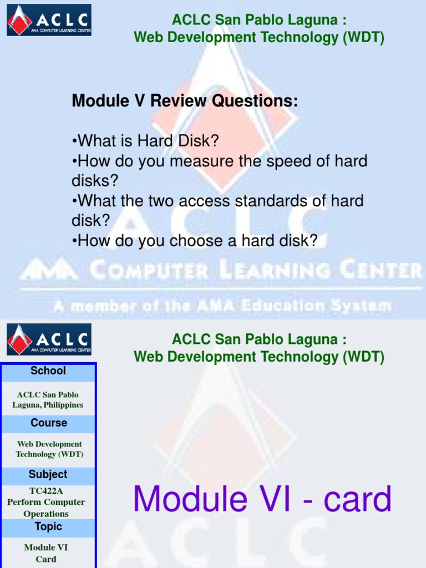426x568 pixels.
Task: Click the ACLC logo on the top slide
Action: (x=49, y=20)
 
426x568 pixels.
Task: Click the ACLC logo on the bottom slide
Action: (x=49, y=339)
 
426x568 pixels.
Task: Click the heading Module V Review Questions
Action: (x=185, y=101)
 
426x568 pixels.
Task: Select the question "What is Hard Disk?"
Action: (x=146, y=141)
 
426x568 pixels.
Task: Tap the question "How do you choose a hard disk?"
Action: (x=195, y=240)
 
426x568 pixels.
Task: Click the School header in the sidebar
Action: (x=48, y=371)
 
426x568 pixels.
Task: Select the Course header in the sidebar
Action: (x=49, y=423)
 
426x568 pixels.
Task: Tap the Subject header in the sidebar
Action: (x=48, y=474)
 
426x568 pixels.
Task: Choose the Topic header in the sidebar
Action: (x=48, y=526)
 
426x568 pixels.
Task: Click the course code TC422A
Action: (x=46, y=491)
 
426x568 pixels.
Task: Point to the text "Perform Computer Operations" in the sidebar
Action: (x=46, y=508)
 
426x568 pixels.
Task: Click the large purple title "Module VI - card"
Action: (x=262, y=499)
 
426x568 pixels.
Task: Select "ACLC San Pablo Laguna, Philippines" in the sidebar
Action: (x=48, y=400)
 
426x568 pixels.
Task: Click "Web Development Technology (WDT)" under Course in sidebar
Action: (x=49, y=449)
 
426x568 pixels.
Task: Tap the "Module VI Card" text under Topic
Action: (x=46, y=553)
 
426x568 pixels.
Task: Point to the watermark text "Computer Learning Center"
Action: (x=255, y=271)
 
